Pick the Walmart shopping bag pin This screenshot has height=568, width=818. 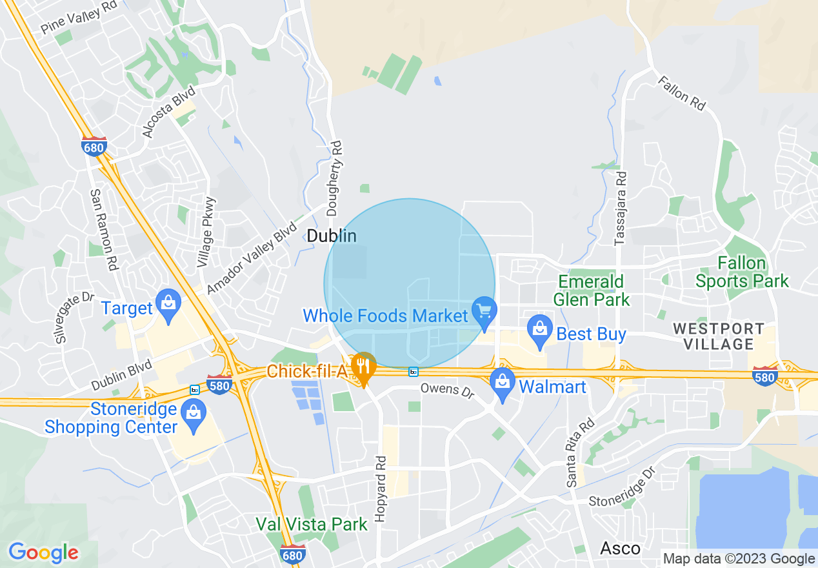click(502, 382)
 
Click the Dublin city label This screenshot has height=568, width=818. click(332, 236)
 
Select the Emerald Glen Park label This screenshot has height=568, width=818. click(591, 290)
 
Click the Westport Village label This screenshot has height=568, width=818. click(719, 336)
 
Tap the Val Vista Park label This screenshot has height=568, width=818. click(312, 523)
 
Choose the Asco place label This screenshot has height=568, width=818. click(620, 549)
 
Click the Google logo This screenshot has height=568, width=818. click(43, 553)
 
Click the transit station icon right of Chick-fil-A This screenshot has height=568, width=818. click(413, 372)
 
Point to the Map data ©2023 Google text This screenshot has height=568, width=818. click(739, 559)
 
